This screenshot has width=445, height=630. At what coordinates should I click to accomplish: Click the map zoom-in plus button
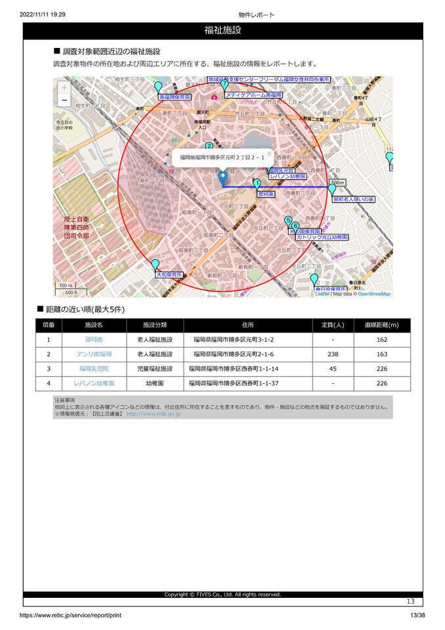pos(64,87)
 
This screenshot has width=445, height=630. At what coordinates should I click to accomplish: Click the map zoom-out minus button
pos(64,100)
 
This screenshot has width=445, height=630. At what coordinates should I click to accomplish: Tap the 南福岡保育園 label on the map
pos(175,96)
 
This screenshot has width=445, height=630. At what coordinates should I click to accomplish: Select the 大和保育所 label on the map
pos(169,275)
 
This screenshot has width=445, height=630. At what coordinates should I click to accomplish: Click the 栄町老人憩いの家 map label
pos(352,198)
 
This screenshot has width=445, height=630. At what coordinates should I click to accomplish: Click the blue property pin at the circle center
pos(222,177)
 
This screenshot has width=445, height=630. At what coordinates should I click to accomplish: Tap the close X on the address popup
pos(269,154)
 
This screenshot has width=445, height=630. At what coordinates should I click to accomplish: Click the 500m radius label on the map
pos(337,182)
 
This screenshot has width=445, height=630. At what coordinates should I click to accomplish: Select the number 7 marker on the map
pos(224,84)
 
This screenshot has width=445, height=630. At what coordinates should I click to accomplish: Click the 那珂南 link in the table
pos(94,340)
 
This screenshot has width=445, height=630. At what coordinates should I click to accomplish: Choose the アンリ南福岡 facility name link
pos(94,354)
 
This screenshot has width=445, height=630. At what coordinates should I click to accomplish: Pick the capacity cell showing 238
pos(333,354)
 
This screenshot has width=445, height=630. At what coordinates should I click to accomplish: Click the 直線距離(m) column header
pos(381,325)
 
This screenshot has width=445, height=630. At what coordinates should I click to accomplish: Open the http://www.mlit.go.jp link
pos(153,414)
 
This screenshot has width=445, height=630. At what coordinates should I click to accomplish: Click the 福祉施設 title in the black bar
pos(222,30)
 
